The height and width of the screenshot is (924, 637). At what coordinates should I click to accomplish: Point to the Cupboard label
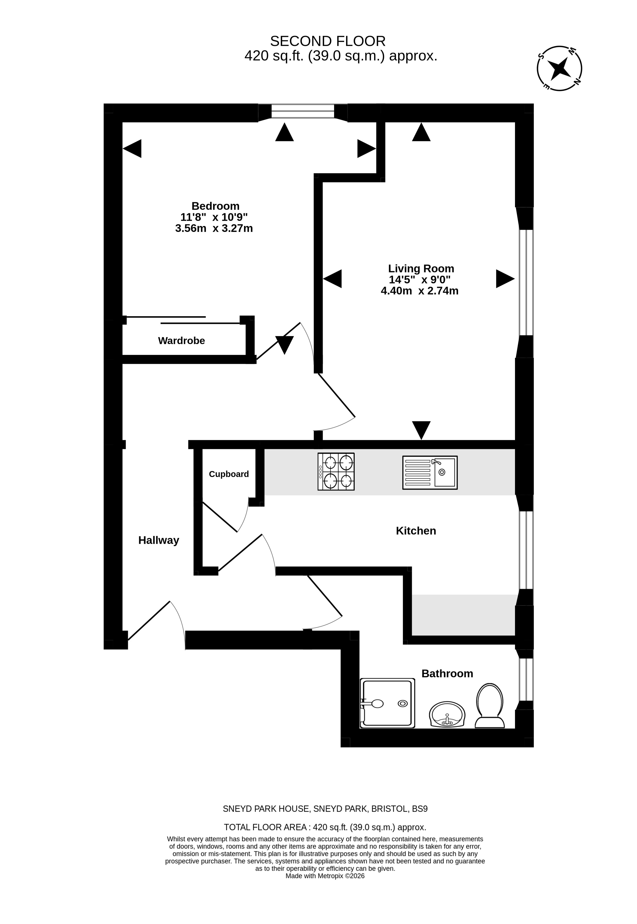(x=229, y=474)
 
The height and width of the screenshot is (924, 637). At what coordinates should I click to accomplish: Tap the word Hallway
(x=158, y=540)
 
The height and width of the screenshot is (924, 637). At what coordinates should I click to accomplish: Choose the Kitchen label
(x=416, y=531)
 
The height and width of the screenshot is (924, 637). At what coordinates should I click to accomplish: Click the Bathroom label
(x=447, y=673)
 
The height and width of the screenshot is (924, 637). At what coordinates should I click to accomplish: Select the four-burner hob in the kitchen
(x=336, y=472)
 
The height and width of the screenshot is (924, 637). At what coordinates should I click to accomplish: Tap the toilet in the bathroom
(x=490, y=706)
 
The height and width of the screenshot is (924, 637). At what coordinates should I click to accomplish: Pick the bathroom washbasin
(x=447, y=714)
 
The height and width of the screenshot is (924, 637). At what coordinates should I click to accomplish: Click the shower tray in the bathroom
(x=387, y=703)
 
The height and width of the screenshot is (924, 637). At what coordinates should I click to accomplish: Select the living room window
(x=526, y=282)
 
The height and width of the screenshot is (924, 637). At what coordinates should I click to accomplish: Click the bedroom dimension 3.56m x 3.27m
(x=214, y=228)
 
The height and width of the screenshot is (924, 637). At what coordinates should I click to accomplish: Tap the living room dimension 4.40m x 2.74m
(x=420, y=290)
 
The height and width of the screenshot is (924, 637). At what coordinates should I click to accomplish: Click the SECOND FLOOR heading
(x=328, y=41)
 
